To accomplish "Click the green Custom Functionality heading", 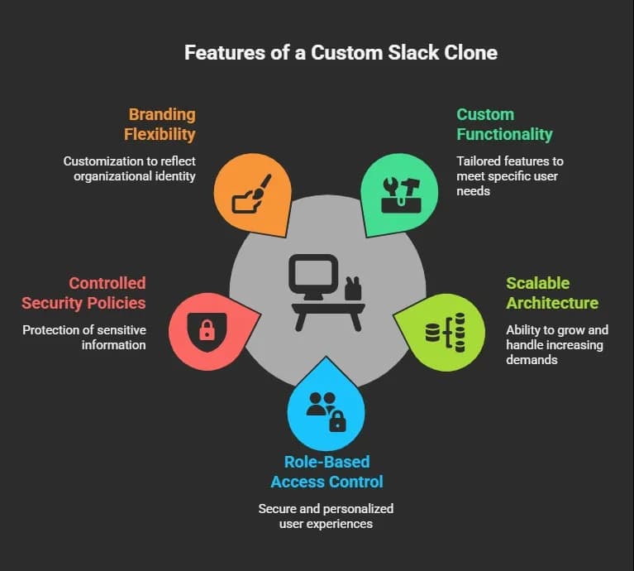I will point(504,124).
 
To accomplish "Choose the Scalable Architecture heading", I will point(552,292).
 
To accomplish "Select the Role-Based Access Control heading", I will point(327,472).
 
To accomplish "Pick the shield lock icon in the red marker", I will point(207,330).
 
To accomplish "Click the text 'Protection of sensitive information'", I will point(84,337).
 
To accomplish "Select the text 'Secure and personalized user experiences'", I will point(327,516).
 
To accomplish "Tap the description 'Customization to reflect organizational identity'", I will point(130,168).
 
